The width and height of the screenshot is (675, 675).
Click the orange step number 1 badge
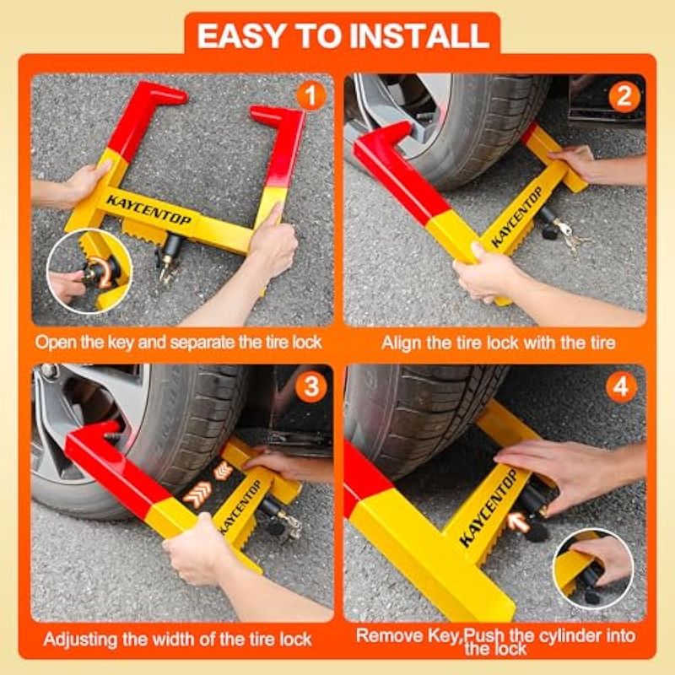coord(310,95)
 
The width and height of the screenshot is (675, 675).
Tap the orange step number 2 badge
coord(624,96)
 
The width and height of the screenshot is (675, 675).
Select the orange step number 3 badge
coord(310,387)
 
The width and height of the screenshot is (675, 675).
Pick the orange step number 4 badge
coord(620,387)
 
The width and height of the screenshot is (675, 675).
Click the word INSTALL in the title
coord(419,35)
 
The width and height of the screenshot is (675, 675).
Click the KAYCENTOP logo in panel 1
coord(149,210)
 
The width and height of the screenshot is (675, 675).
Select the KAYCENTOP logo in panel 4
coord(488,508)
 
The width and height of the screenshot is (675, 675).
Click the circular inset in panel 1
coord(89,271)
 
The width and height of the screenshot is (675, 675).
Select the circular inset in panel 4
coord(594,569)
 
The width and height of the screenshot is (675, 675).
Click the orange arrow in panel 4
coord(518,521)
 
